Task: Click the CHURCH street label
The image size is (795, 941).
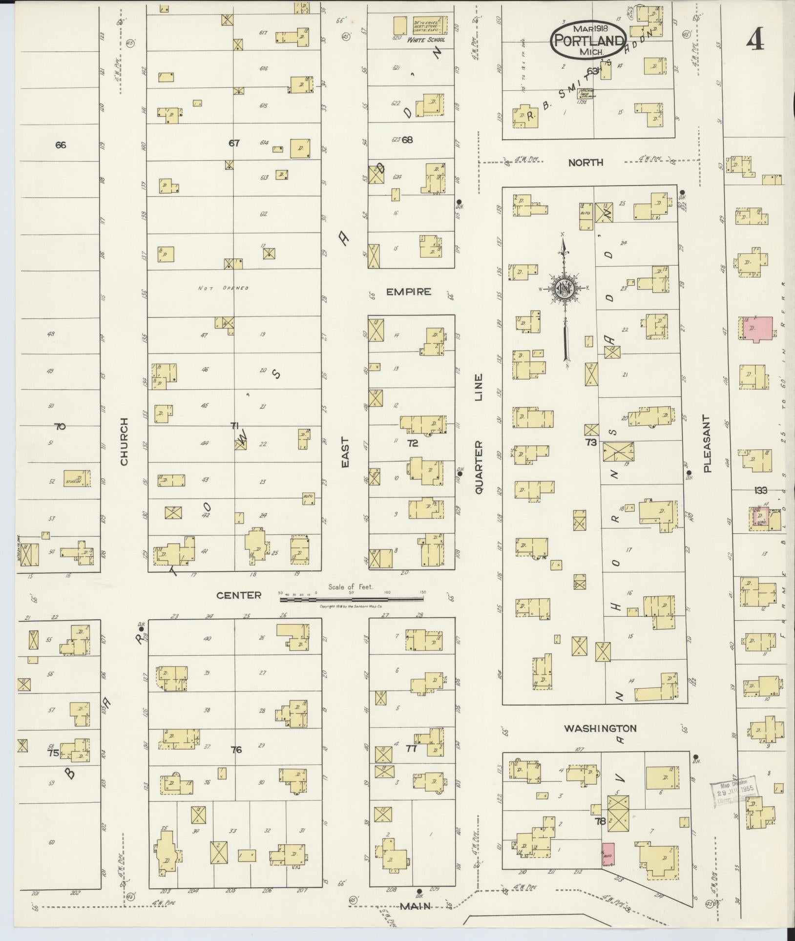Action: [124, 441]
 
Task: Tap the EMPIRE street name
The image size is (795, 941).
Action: [409, 292]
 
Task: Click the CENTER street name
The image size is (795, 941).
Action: [239, 595]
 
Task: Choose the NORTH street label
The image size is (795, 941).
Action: [586, 163]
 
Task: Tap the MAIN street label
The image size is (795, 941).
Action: [415, 920]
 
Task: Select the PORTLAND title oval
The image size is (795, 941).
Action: [588, 41]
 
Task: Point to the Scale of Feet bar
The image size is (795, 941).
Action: [352, 592]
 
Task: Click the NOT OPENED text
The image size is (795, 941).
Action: [223, 288]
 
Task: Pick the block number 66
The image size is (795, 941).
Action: [61, 145]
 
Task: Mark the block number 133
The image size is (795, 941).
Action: [760, 490]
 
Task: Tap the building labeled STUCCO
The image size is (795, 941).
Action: [77, 478]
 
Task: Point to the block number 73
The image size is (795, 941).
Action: [591, 442]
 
